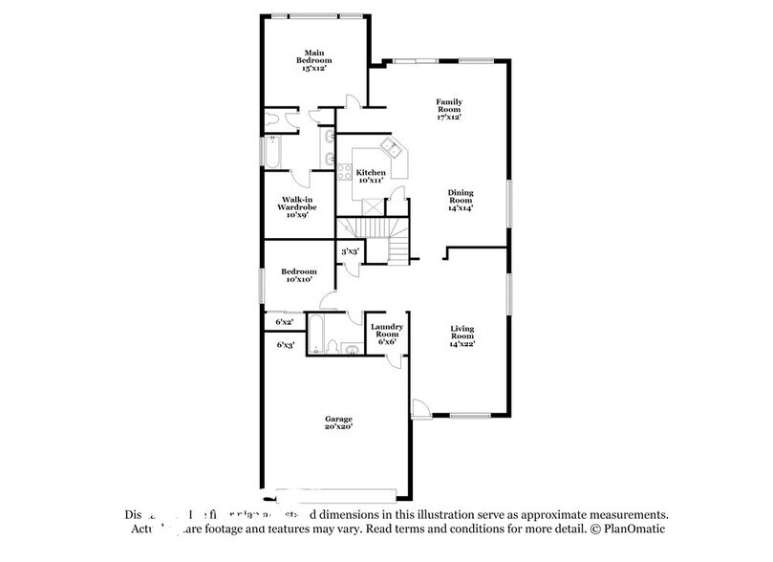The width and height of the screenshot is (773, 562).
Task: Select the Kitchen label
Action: pyautogui.click(x=371, y=176)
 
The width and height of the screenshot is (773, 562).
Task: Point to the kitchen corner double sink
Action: pyautogui.click(x=391, y=148)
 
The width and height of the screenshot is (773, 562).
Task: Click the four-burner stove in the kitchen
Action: pyautogui.click(x=341, y=173)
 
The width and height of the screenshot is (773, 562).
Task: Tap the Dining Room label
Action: pyautogui.click(x=461, y=199)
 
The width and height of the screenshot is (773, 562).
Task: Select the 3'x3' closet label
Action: pyautogui.click(x=350, y=251)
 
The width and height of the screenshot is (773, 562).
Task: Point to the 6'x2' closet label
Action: pyautogui.click(x=284, y=322)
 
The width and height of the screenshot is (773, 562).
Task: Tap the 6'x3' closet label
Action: pyautogui.click(x=285, y=344)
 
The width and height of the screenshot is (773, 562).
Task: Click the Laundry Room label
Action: pyautogui.click(x=387, y=335)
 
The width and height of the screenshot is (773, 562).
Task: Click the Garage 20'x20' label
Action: pyautogui.click(x=337, y=421)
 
